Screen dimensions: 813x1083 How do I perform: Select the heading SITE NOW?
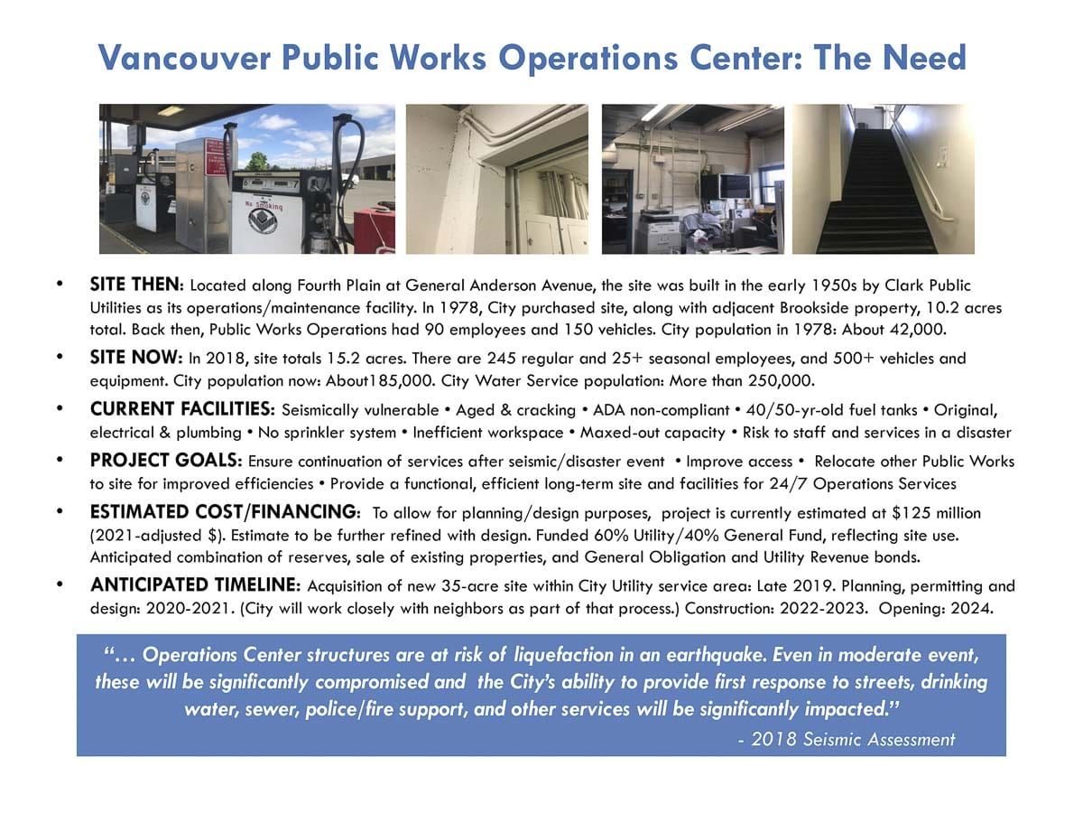[x=136, y=358]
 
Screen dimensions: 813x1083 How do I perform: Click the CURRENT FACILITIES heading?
[x=183, y=411]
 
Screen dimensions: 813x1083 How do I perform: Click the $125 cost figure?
[x=908, y=513]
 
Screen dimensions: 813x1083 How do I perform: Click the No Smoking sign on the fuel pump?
[x=265, y=208]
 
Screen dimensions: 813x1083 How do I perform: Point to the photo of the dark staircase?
[x=883, y=179]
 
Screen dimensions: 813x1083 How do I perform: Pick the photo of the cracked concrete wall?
[x=497, y=179]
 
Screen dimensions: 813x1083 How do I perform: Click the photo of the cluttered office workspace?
[x=692, y=179]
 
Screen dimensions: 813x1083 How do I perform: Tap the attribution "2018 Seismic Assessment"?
[x=852, y=740]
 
